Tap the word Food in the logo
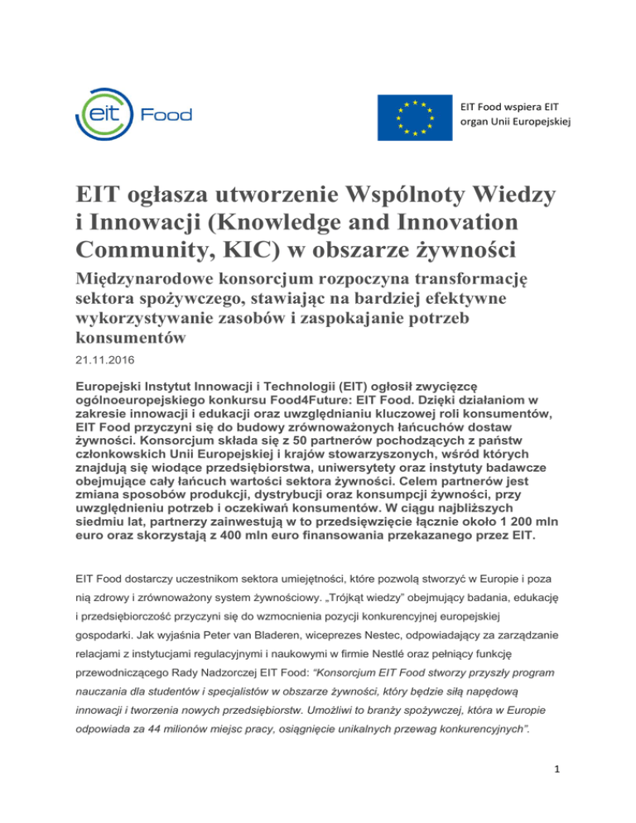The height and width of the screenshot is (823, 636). (168, 114)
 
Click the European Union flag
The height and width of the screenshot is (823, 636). (414, 117)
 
